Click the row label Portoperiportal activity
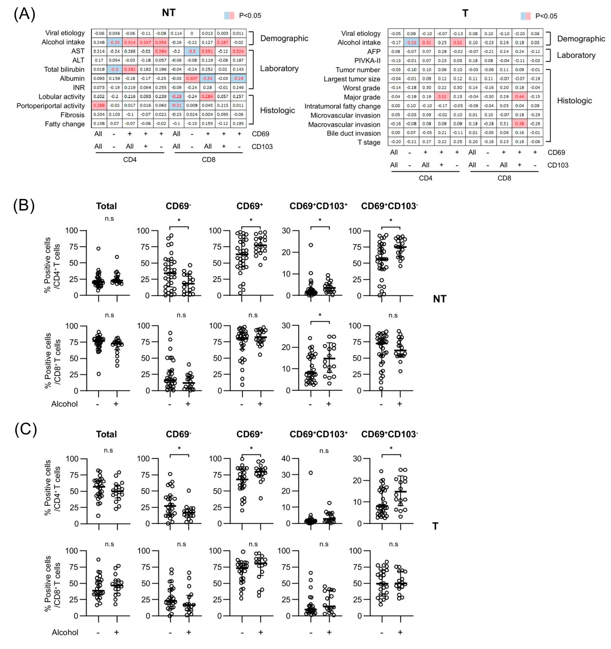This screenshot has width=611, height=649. [x=51, y=106]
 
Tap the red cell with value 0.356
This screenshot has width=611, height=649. [x=161, y=42]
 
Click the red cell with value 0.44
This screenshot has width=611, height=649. [x=519, y=97]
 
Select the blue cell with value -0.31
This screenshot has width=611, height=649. [x=177, y=106]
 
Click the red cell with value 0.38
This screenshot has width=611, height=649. [x=519, y=124]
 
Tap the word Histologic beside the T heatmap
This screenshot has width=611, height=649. [x=574, y=101]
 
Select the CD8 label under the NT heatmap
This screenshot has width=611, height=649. [x=208, y=160]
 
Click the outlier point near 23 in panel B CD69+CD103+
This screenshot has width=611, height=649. [x=311, y=245]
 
